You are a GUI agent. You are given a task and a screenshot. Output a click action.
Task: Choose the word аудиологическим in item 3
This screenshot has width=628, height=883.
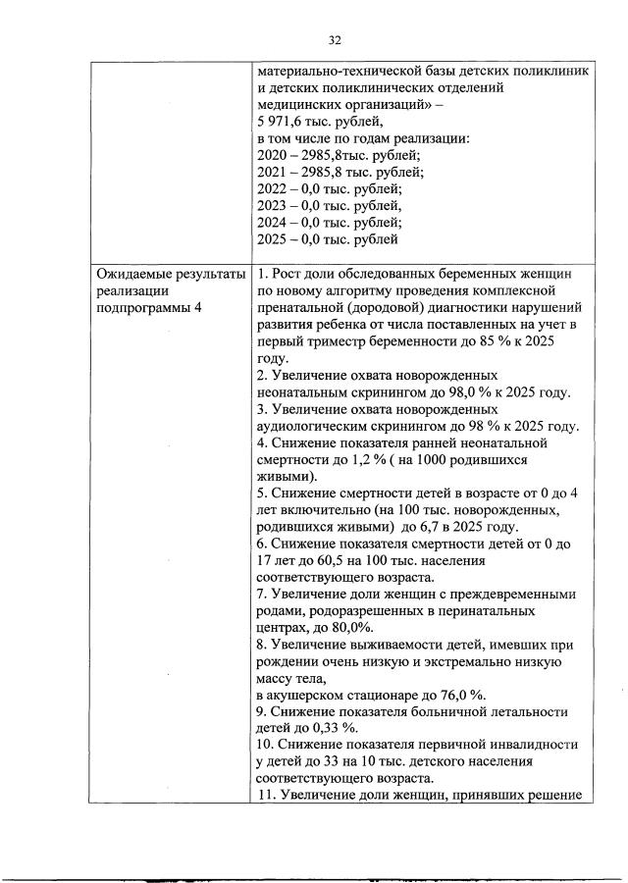[318, 425]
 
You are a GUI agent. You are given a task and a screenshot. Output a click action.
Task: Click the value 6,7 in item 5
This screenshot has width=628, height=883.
[448, 526]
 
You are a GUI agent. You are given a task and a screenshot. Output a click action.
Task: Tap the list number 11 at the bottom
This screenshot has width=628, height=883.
[265, 795]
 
